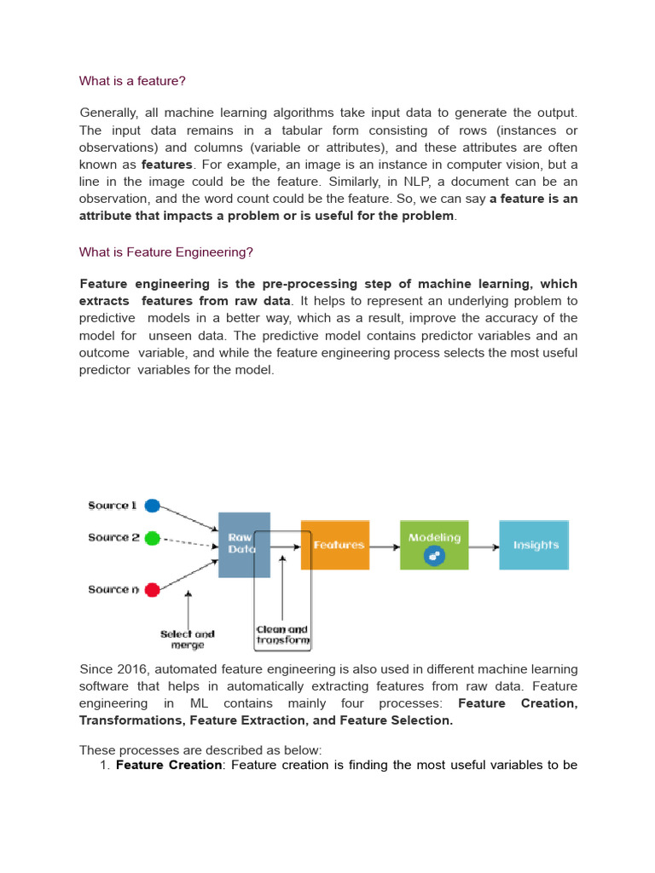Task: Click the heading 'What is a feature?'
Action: coord(132,81)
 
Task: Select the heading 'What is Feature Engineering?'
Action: coord(166,252)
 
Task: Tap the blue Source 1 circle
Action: coord(153,506)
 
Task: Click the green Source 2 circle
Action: coord(153,538)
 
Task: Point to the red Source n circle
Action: coord(153,589)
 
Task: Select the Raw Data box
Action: coord(244,544)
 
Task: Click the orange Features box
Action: coord(335,545)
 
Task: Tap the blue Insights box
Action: coord(534,545)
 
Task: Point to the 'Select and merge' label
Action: coord(188,639)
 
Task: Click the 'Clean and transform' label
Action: coord(283,635)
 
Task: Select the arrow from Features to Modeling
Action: coord(385,546)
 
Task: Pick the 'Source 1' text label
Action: coord(113,506)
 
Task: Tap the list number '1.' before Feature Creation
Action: coord(105,765)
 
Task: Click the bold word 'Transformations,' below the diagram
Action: coord(131,720)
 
